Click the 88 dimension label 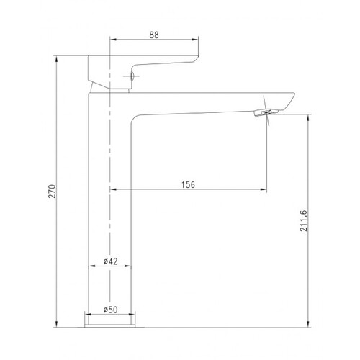tap(154, 35)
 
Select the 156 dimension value tap(189, 185)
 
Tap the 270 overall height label tap(53, 192)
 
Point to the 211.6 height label tap(303, 220)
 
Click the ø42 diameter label tap(111, 261)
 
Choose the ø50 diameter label tap(111, 310)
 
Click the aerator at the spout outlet tap(266, 112)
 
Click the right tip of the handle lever tap(197, 58)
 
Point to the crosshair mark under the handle tap(131, 76)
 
